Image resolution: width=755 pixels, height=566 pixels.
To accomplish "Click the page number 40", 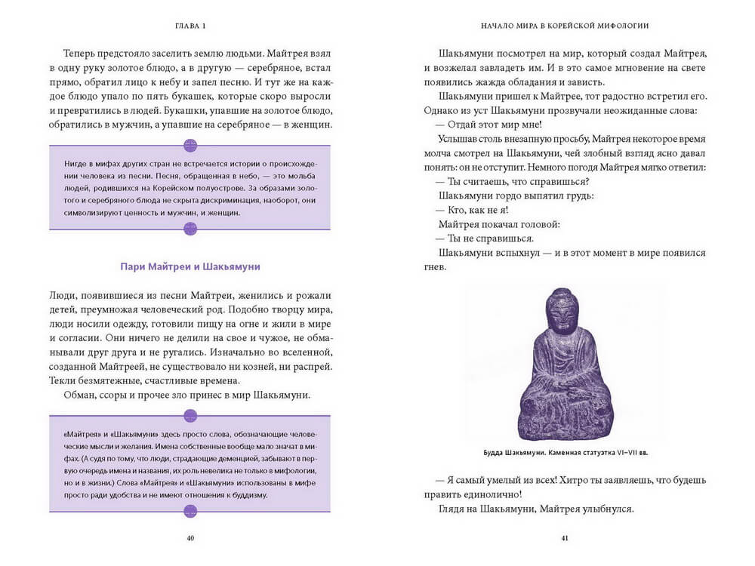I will pos(190,537).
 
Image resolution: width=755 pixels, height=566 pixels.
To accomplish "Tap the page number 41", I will pos(565,537).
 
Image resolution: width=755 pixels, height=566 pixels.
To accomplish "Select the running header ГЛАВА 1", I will pos(190,25).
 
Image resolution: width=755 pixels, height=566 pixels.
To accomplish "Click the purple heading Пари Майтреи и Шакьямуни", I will pos(190,267).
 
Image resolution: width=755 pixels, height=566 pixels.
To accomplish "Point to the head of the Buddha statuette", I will pos(562,309).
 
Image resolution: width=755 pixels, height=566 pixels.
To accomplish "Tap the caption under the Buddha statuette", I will pos(565,453).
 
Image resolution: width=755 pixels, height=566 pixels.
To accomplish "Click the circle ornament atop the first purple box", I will pos(190,145).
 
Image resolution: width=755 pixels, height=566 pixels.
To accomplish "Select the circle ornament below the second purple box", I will pos(190,511).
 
